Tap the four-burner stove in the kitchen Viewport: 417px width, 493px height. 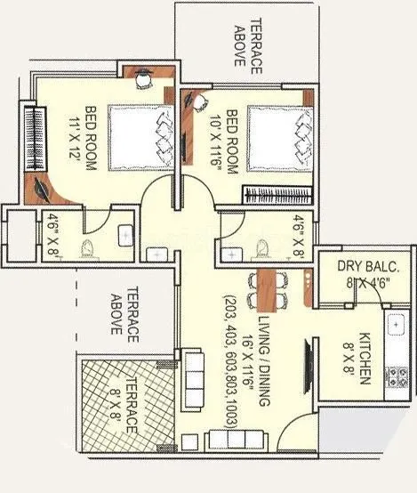click(396, 379)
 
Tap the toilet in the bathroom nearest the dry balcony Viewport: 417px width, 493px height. click(261, 246)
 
